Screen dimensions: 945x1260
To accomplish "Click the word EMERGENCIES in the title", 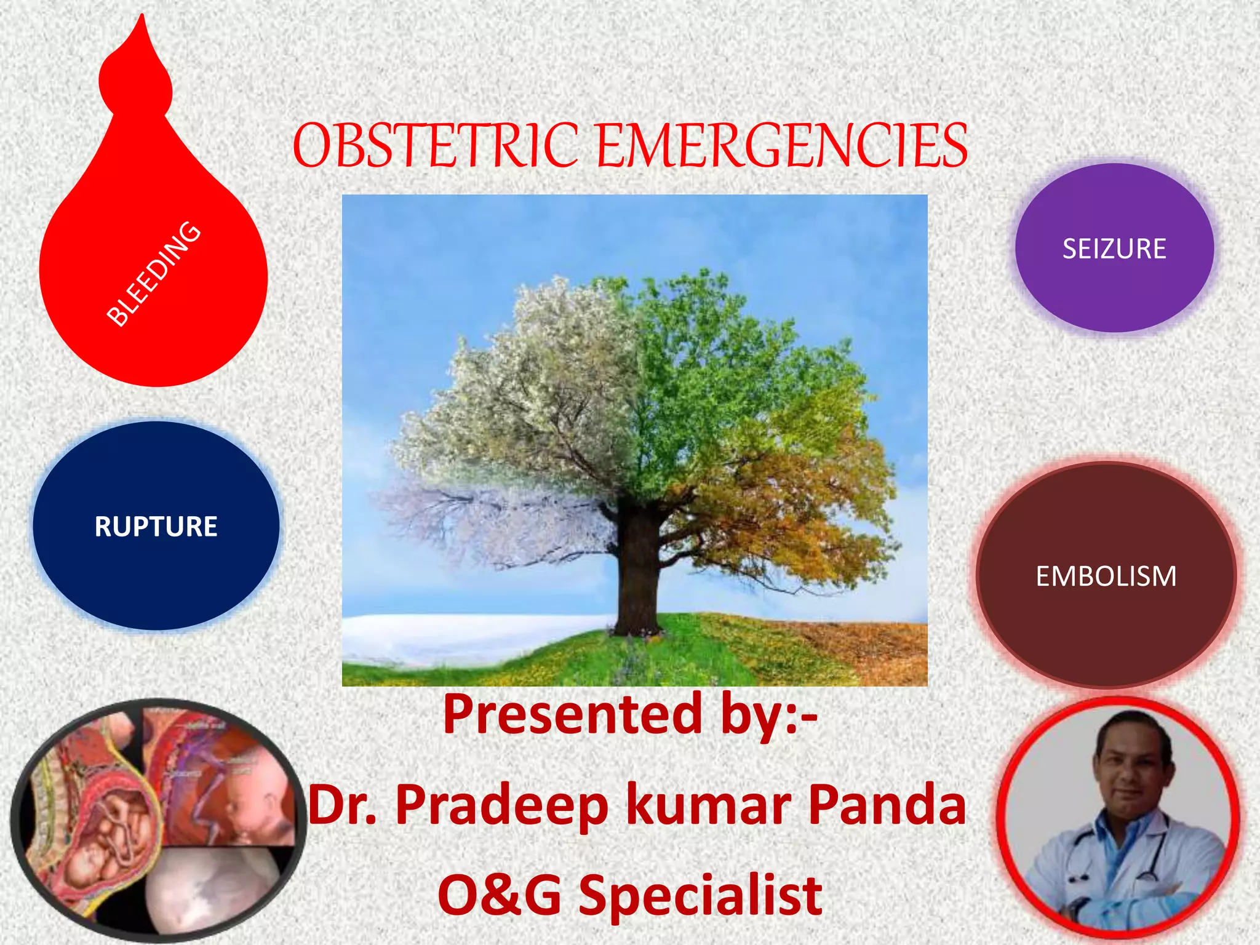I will click(781, 146).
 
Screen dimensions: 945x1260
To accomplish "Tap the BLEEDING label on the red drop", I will click(154, 274).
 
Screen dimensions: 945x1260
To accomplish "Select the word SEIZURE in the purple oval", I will click(1114, 249).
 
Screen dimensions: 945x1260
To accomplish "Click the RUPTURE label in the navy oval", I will click(156, 527).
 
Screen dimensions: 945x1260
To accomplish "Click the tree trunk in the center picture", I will click(638, 572).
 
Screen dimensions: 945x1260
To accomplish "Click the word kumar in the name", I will click(708, 806).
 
